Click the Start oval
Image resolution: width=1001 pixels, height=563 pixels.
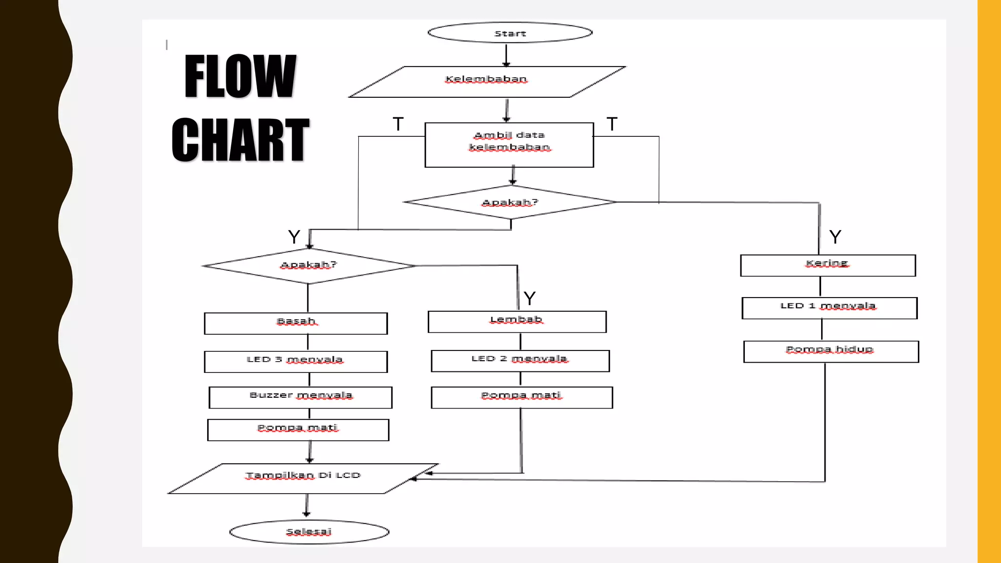pyautogui.click(x=510, y=33)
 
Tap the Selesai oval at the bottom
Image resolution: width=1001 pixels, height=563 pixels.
pyautogui.click(x=309, y=532)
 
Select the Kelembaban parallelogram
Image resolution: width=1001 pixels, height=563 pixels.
pyautogui.click(x=487, y=82)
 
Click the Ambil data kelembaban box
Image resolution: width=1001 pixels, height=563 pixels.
pyautogui.click(x=509, y=145)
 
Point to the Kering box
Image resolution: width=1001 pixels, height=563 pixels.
pyautogui.click(x=827, y=265)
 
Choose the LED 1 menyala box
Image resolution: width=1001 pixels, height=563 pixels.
pyautogui.click(x=829, y=308)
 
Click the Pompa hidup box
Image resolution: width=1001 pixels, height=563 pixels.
pyautogui.click(x=830, y=351)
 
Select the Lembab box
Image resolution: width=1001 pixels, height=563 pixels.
pyautogui.click(x=517, y=322)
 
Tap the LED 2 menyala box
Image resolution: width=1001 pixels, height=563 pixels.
pyautogui.click(x=520, y=361)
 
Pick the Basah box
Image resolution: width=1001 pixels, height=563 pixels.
pyautogui.click(x=296, y=323)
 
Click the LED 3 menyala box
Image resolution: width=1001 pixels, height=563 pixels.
pyautogui.click(x=296, y=362)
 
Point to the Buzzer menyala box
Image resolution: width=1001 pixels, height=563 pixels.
pyautogui.click(x=300, y=397)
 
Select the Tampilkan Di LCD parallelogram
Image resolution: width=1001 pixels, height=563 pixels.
pyautogui.click(x=303, y=478)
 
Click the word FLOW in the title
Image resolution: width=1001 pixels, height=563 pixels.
pyautogui.click(x=240, y=76)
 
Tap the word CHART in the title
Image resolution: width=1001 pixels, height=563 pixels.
pyautogui.click(x=240, y=140)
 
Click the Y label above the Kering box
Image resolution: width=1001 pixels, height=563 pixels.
pyautogui.click(x=835, y=237)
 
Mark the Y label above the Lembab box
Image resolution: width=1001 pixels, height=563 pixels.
pyautogui.click(x=529, y=298)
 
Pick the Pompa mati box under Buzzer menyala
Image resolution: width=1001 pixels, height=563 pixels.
pyautogui.click(x=298, y=430)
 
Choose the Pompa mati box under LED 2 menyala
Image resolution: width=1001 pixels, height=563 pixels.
pyautogui.click(x=522, y=397)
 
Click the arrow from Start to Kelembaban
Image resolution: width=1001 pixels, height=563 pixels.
pyautogui.click(x=506, y=55)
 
